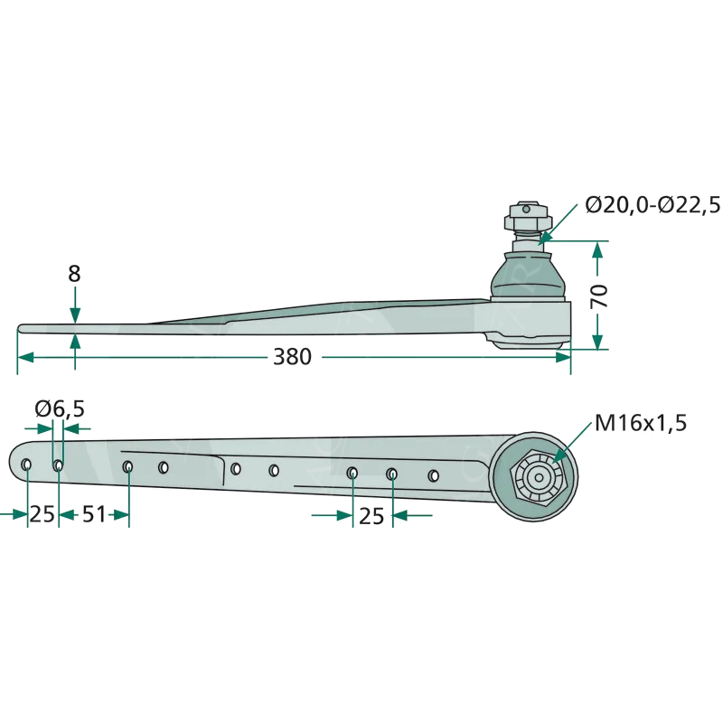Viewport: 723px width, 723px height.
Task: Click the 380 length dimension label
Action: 292,357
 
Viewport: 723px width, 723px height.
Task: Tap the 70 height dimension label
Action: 599,296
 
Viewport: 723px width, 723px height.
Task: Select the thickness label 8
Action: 74,274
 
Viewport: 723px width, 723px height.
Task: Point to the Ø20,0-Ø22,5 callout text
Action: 652,205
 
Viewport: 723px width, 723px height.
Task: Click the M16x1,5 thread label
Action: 641,423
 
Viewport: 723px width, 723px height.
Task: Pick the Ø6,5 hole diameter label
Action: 60,408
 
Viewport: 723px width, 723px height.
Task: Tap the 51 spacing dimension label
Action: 94,514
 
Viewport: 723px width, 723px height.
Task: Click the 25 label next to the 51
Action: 42,514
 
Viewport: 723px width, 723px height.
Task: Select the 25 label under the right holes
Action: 371,516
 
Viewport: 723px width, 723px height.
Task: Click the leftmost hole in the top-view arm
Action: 26,465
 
